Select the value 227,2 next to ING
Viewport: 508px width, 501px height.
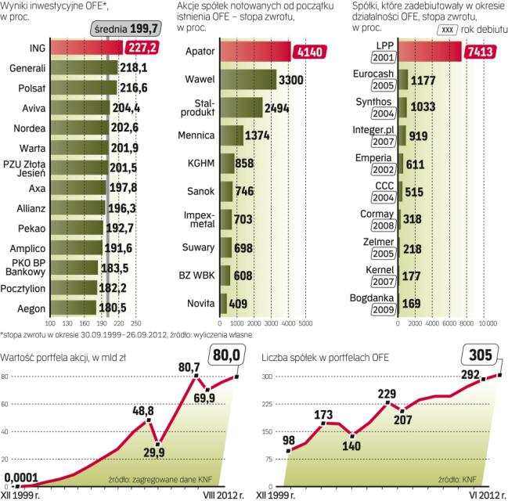click(141, 47)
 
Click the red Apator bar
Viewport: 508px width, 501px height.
click(254, 52)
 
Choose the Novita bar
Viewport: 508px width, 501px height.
click(223, 303)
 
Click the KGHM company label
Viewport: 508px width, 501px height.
click(199, 163)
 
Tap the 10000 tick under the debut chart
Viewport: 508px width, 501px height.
click(488, 322)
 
